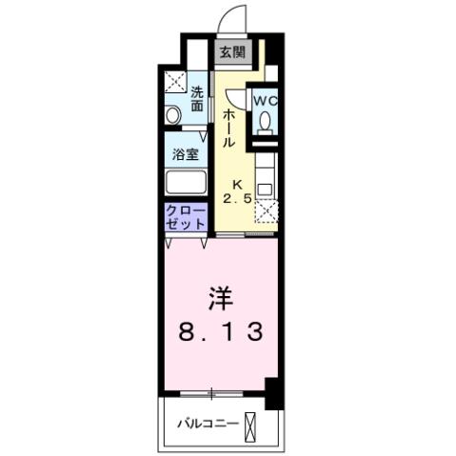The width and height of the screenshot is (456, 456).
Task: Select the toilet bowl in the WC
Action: click(266, 121)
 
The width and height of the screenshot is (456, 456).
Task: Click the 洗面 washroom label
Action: click(197, 99)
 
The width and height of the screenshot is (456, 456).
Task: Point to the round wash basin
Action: click(173, 115)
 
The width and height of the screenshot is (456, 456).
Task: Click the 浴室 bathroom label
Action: click(184, 153)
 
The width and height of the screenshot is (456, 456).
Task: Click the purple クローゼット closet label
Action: click(186, 217)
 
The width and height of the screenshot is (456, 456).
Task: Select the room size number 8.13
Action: click(220, 334)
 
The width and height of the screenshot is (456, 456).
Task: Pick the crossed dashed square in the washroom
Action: click(175, 83)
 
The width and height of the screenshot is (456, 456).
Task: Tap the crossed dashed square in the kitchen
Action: click(266, 212)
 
